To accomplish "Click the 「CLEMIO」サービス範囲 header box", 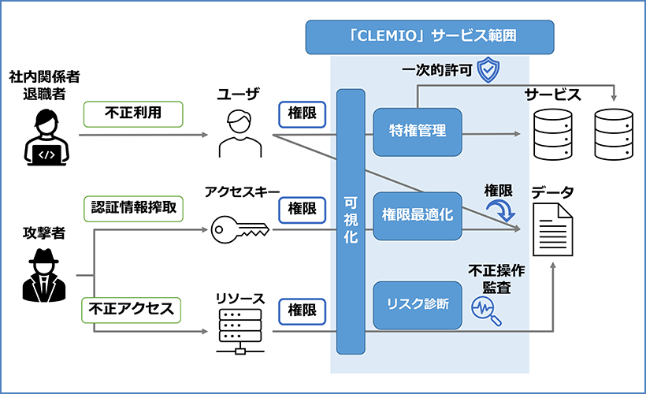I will click(x=429, y=36).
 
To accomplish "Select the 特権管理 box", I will click(x=418, y=131).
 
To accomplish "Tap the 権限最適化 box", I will click(x=418, y=214).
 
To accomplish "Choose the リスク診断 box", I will click(x=418, y=303).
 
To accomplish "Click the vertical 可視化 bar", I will click(x=351, y=221).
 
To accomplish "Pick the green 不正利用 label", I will click(x=133, y=113).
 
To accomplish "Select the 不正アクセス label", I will click(x=131, y=309).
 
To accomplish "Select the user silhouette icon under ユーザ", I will click(x=239, y=135).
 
